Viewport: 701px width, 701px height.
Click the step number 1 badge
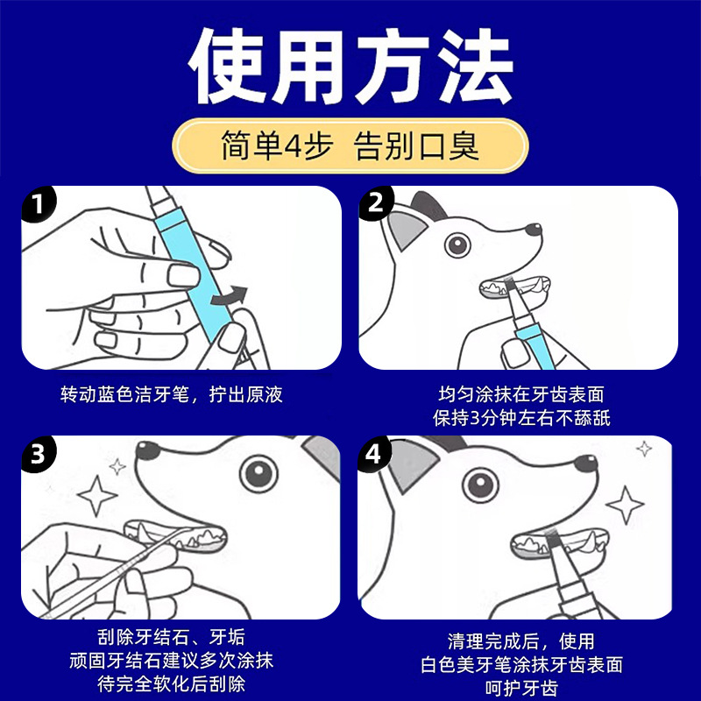[36, 205]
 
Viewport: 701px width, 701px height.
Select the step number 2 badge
[377, 205]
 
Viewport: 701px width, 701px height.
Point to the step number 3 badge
[36, 456]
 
